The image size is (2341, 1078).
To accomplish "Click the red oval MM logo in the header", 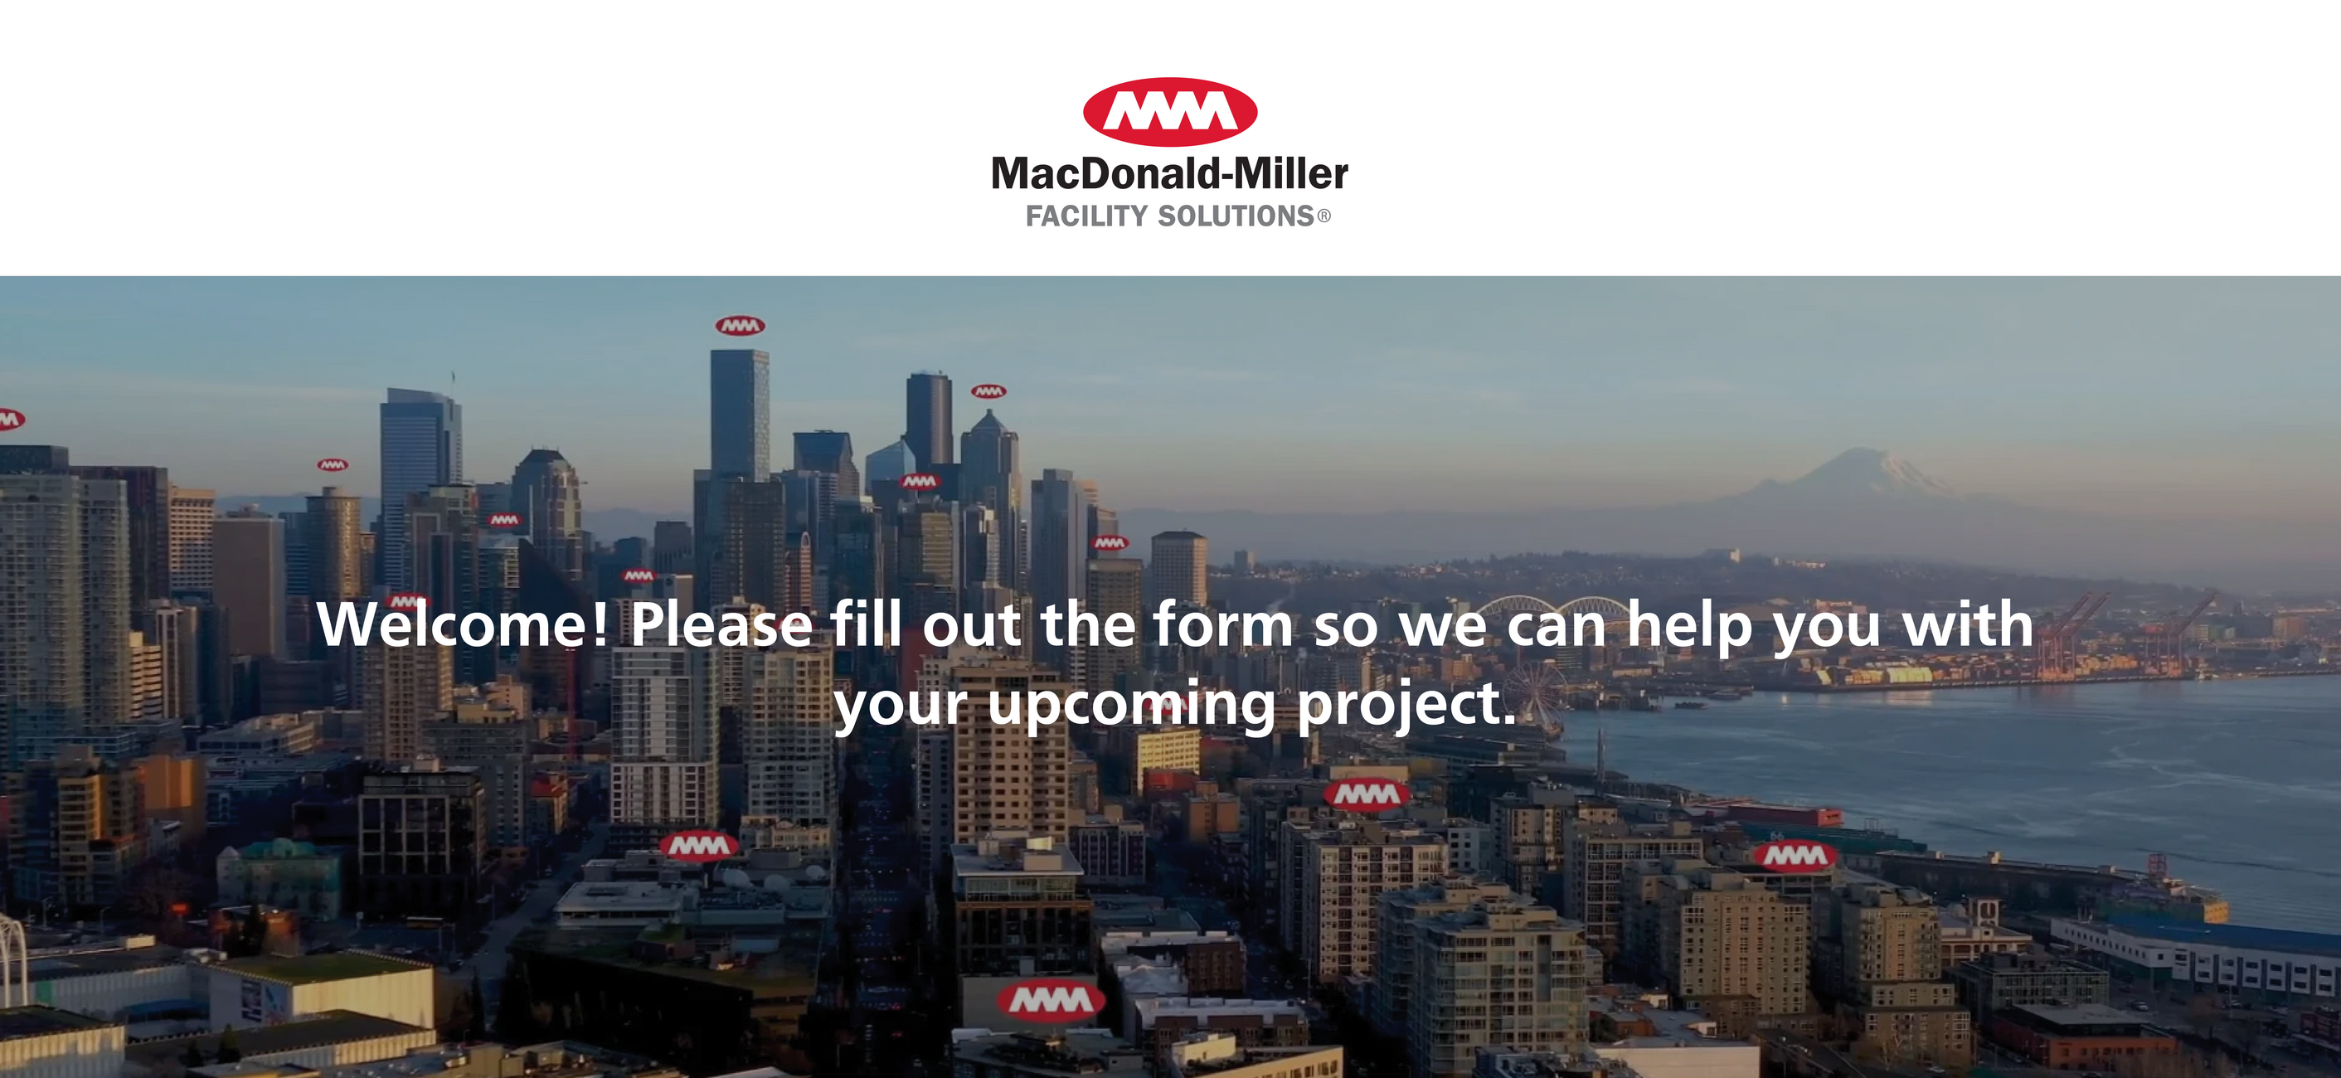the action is pyautogui.click(x=1169, y=112).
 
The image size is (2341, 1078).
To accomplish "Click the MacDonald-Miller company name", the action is pyautogui.click(x=1169, y=173).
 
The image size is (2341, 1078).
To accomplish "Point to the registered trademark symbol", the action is pyautogui.click(x=1324, y=216).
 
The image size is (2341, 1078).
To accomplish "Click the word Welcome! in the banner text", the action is pyautogui.click(x=464, y=624).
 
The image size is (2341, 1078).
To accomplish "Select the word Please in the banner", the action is pyautogui.click(x=721, y=624).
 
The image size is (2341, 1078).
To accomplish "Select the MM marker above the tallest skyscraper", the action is pyautogui.click(x=740, y=325).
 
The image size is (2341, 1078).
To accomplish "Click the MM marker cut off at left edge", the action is pyautogui.click(x=11, y=419).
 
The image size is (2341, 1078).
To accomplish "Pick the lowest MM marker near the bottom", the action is pyautogui.click(x=1051, y=1001).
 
